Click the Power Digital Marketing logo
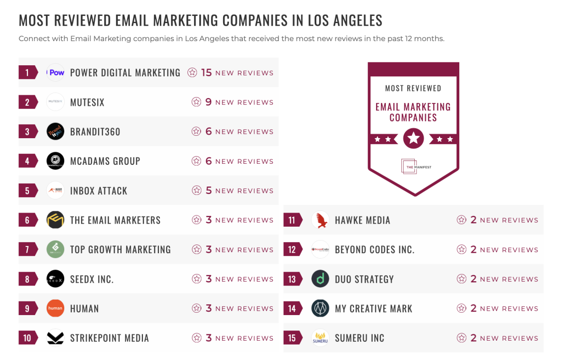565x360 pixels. [x=56, y=72]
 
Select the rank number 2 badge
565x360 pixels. [x=28, y=102]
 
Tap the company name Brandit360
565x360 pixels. [x=95, y=132]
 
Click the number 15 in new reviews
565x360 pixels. [x=206, y=72]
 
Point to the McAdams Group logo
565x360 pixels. [x=56, y=161]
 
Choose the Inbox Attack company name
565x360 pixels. [x=99, y=191]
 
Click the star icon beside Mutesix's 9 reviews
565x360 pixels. [x=196, y=102]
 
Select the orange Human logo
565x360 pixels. [x=56, y=309]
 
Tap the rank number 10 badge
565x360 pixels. [x=28, y=338]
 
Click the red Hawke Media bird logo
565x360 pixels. [x=320, y=220]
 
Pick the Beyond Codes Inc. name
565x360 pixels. [x=374, y=250]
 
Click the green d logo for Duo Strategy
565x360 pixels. [x=320, y=279]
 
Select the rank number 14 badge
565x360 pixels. [x=292, y=309]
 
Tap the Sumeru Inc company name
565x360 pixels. [x=359, y=338]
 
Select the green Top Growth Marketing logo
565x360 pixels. [x=56, y=250]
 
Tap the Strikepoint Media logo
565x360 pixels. [x=56, y=338]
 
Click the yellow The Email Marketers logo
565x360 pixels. [x=56, y=220]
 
